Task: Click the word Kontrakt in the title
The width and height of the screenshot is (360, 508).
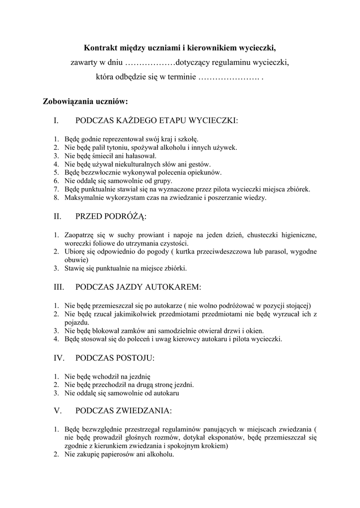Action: [x=100, y=48]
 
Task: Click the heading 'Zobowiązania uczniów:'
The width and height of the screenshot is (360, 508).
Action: [x=85, y=102]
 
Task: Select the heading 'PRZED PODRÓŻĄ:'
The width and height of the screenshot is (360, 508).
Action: [x=111, y=216]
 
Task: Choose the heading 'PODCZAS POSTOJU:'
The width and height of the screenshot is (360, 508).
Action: [x=115, y=358]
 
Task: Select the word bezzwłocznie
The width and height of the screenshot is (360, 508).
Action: [x=98, y=173]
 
